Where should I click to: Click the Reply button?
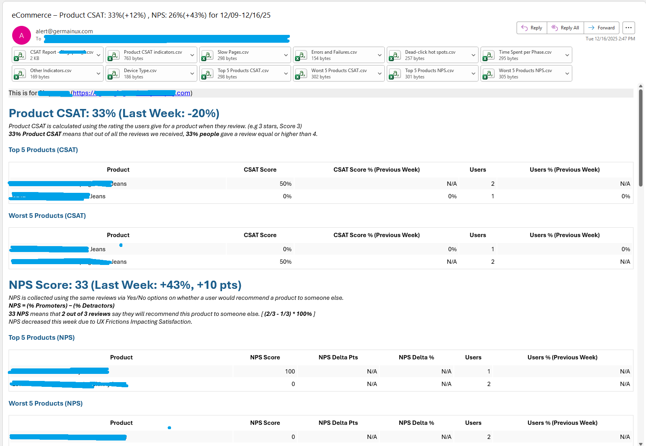[x=532, y=28]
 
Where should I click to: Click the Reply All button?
[x=565, y=28]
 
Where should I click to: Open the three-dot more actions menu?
[x=628, y=28]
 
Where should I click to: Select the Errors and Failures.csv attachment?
[x=334, y=55]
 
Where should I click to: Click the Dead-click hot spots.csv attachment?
[x=430, y=55]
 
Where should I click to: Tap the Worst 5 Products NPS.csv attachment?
[x=525, y=73]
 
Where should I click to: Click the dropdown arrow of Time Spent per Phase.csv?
[x=567, y=55]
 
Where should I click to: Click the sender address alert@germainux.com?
[x=64, y=31]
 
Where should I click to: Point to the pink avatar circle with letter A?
[x=22, y=36]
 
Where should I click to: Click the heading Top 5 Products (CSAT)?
[x=43, y=150]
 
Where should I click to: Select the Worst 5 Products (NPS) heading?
[x=45, y=403]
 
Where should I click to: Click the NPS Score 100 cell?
[x=290, y=372]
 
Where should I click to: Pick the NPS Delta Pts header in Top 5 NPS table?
[x=338, y=357]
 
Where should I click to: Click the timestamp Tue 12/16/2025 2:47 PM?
[x=610, y=39]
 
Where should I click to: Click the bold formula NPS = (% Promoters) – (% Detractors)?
[x=62, y=306]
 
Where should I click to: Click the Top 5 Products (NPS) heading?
[x=42, y=337]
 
